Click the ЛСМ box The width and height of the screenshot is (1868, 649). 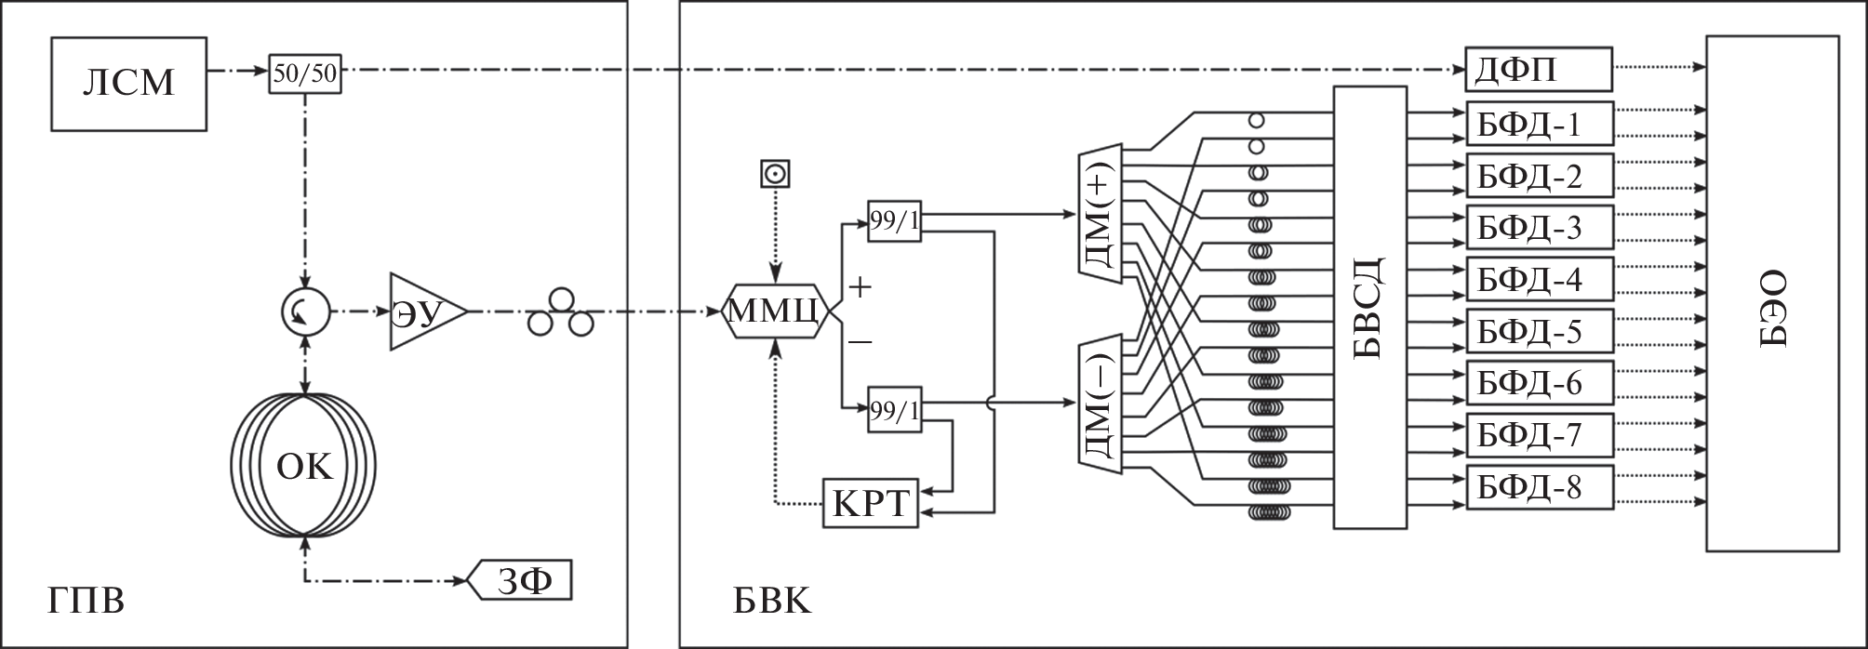pyautogui.click(x=128, y=84)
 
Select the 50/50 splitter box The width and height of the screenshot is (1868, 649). pyautogui.click(x=305, y=73)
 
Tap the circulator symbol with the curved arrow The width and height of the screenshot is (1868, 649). pyautogui.click(x=304, y=312)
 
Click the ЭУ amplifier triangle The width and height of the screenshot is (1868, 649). pyautogui.click(x=423, y=312)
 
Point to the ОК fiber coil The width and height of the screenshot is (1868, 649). pyautogui.click(x=304, y=466)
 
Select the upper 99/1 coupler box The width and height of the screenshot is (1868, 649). pyautogui.click(x=894, y=221)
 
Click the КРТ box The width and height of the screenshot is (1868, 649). pyautogui.click(x=870, y=503)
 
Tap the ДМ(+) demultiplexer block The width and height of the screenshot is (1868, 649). pyautogui.click(x=1101, y=210)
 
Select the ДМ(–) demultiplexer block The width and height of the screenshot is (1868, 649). pyautogui.click(x=1101, y=404)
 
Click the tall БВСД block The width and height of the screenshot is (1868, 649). pyautogui.click(x=1369, y=308)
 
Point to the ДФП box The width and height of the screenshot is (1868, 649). pyautogui.click(x=1539, y=70)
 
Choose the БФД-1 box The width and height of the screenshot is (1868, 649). pyautogui.click(x=1539, y=124)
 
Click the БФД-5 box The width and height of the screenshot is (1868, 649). pyautogui.click(x=1539, y=332)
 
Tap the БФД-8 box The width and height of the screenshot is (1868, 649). pyautogui.click(x=1539, y=487)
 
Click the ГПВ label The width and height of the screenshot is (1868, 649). pyautogui.click(x=86, y=602)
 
